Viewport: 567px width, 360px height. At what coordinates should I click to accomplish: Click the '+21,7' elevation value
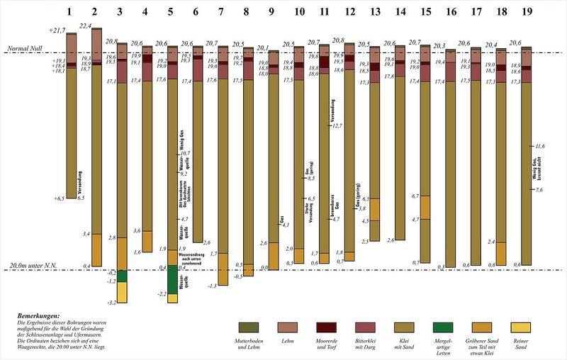(57, 30)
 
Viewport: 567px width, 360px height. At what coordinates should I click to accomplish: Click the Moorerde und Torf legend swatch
(328, 327)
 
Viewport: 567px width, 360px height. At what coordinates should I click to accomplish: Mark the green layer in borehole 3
(122, 276)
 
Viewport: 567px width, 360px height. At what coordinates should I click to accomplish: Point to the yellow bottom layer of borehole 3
(122, 292)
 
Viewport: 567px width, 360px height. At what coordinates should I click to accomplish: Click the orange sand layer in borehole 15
(425, 207)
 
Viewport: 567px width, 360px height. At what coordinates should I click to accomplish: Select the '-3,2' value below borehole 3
(111, 303)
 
